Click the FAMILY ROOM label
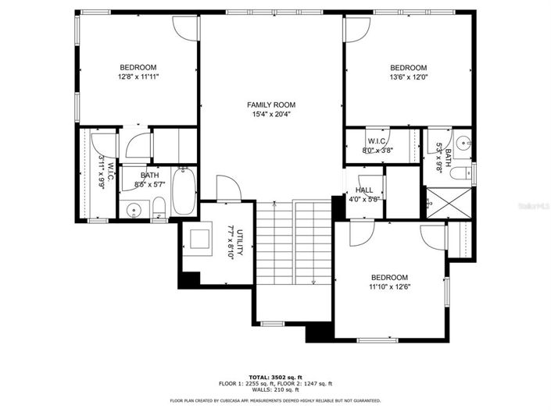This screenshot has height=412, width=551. [x=271, y=105]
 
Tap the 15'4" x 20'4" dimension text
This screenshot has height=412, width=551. [x=271, y=115]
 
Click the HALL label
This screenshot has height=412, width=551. [x=364, y=190]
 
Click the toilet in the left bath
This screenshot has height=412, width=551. [x=159, y=207]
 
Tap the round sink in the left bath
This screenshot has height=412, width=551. [x=134, y=209]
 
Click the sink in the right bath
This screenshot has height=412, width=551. [x=463, y=144]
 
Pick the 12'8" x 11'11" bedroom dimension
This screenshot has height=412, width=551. [x=138, y=77]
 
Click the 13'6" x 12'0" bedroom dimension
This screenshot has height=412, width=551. [x=408, y=77]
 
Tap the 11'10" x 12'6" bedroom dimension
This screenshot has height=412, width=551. [x=390, y=287]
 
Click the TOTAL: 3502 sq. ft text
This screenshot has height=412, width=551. [x=275, y=376]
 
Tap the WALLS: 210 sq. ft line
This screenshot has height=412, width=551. [x=275, y=389]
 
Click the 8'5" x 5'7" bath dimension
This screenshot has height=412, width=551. [x=149, y=184]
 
